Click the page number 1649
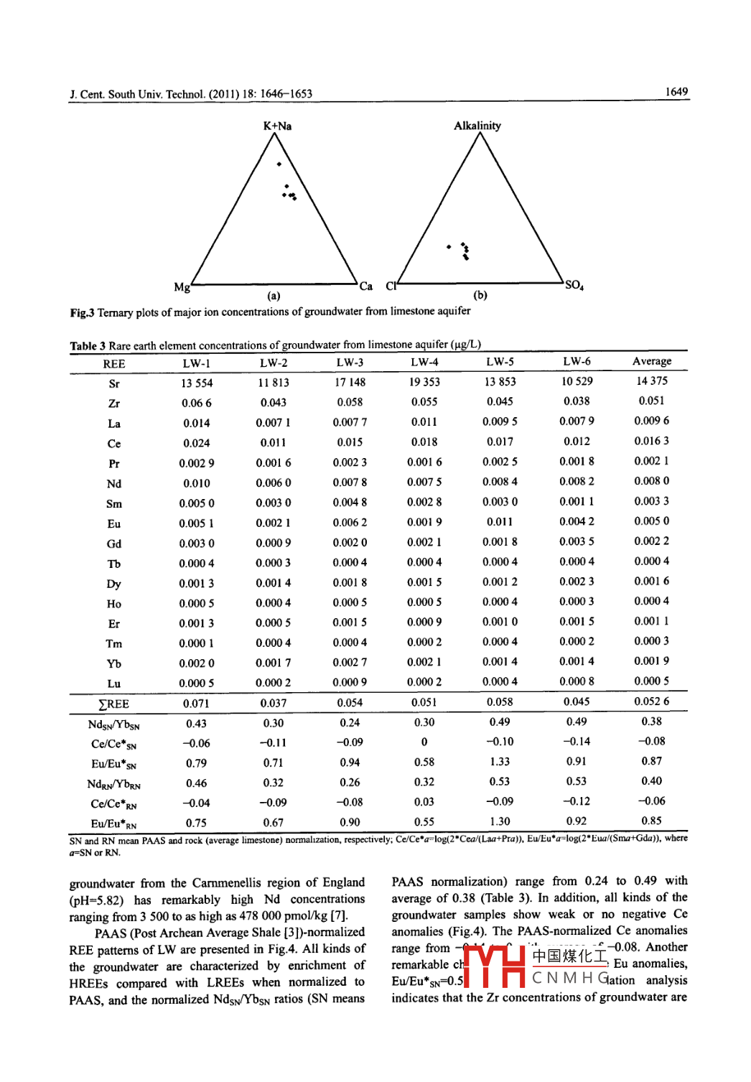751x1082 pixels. point(676,92)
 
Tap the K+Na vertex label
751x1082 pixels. point(277,126)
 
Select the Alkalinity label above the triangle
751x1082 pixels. point(477,126)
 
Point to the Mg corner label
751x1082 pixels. point(182,287)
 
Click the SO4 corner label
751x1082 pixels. point(574,285)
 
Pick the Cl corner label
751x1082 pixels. point(391,286)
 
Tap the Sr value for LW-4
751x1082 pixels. point(425,382)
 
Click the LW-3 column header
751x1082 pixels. point(350,363)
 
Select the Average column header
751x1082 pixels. point(651,361)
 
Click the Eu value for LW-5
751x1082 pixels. point(500,522)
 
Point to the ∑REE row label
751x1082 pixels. point(113,704)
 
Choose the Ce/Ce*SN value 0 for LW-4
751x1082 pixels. point(424,742)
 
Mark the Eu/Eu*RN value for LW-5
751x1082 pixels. point(500,821)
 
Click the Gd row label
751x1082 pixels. point(114,544)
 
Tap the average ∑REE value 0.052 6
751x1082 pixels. point(651,701)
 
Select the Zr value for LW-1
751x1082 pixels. point(196,404)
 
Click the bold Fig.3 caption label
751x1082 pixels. point(82,313)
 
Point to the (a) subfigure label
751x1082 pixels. point(274,296)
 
